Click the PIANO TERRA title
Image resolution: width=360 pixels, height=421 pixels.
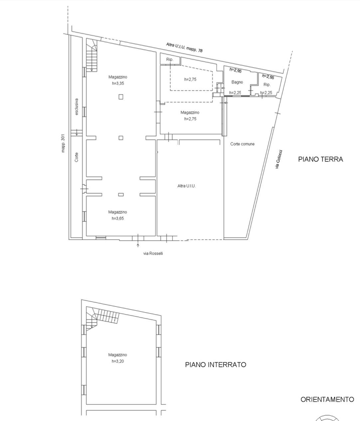pyautogui.click(x=320, y=159)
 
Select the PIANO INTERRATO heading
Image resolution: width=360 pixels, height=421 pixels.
pyautogui.click(x=216, y=364)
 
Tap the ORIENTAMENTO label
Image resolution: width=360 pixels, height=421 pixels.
pyautogui.click(x=327, y=400)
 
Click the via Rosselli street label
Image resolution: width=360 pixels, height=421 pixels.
pyautogui.click(x=153, y=254)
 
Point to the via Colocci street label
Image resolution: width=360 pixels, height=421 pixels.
pyautogui.click(x=279, y=159)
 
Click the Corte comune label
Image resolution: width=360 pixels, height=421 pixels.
pyautogui.click(x=242, y=144)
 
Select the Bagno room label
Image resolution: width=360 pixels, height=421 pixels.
pyautogui.click(x=237, y=82)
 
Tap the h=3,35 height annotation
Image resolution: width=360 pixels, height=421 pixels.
pyautogui.click(x=118, y=83)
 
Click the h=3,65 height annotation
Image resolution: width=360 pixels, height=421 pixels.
pyautogui.click(x=117, y=218)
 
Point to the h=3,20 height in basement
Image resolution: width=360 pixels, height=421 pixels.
pyautogui.click(x=117, y=361)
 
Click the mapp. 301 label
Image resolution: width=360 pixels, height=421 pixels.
pyautogui.click(x=63, y=143)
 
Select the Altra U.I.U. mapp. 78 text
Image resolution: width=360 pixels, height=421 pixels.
pyautogui.click(x=184, y=48)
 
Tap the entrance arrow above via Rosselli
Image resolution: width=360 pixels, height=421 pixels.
pyautogui.click(x=138, y=245)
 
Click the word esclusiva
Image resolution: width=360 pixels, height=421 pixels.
pyautogui.click(x=77, y=107)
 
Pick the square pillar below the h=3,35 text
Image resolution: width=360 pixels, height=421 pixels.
pyautogui.click(x=121, y=97)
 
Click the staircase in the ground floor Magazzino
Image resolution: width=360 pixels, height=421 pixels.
pyautogui.click(x=92, y=55)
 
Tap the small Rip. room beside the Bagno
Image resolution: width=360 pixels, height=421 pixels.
pyautogui.click(x=267, y=84)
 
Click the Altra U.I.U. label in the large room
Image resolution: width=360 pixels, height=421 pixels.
pyautogui.click(x=186, y=186)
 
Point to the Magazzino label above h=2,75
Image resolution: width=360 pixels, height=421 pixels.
pyautogui.click(x=190, y=112)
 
